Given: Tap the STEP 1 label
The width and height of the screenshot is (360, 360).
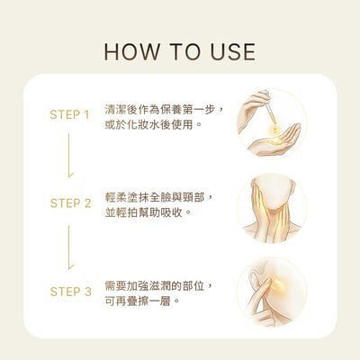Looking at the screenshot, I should (x=69, y=115).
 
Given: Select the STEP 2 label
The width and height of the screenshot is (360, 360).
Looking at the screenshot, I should (x=69, y=203).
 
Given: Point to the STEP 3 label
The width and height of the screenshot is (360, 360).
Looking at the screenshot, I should (x=69, y=292).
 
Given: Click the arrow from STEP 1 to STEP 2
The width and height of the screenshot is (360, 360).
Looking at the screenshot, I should (x=69, y=159).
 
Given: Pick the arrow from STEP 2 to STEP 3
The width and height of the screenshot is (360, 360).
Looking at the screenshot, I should (x=69, y=247).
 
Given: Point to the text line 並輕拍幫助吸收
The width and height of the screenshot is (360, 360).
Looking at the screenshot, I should (x=144, y=211).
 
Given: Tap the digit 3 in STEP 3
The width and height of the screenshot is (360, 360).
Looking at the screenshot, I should (x=87, y=292).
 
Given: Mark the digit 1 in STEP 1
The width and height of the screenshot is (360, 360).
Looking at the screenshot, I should (x=86, y=115).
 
